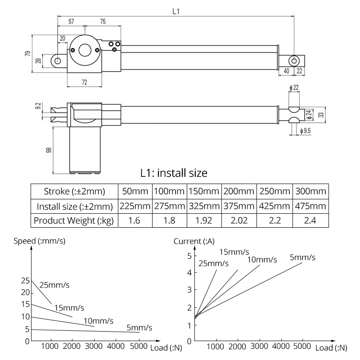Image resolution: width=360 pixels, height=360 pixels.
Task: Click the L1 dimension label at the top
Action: pyautogui.click(x=176, y=12)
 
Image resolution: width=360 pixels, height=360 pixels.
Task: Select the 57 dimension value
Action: pyautogui.click(x=72, y=22)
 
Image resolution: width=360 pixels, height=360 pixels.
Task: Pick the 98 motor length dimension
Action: pyautogui.click(x=49, y=150)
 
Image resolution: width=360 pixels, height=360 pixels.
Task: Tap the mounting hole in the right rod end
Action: pyautogui.click(x=294, y=60)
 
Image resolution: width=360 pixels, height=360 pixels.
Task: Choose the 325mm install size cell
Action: pyautogui.click(x=204, y=207)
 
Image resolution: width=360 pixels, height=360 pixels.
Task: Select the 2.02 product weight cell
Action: pyautogui.click(x=239, y=220)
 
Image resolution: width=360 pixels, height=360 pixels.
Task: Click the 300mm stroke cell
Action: pyautogui.click(x=310, y=191)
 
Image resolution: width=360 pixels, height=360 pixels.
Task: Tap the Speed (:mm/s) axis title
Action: pyautogui.click(x=39, y=241)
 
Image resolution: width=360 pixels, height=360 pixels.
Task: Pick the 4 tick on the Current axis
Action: pyautogui.click(x=189, y=272)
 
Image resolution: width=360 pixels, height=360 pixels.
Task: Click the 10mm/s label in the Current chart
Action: pyautogui.click(x=262, y=260)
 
